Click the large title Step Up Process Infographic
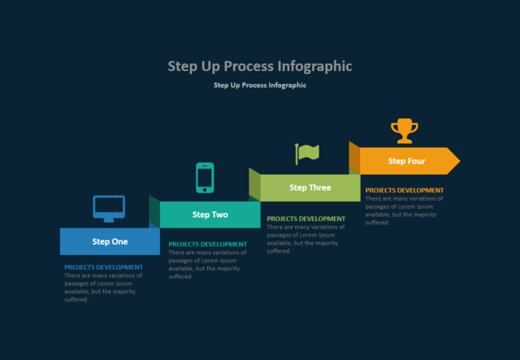[260, 66]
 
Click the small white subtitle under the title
[260, 85]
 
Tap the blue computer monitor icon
[109, 208]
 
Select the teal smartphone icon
[205, 178]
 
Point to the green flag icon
[307, 153]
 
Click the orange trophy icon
[404, 130]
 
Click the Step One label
[110, 241]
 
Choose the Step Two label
[210, 215]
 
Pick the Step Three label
[310, 188]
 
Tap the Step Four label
[406, 161]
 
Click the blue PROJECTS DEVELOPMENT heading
[103, 267]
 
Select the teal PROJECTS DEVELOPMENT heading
[207, 245]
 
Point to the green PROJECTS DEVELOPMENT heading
[306, 219]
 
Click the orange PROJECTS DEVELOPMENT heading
[405, 190]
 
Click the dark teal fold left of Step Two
[154, 211]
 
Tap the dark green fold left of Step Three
[254, 184]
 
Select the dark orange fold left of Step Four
[354, 158]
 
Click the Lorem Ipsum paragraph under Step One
[103, 288]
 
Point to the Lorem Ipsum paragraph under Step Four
[404, 210]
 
